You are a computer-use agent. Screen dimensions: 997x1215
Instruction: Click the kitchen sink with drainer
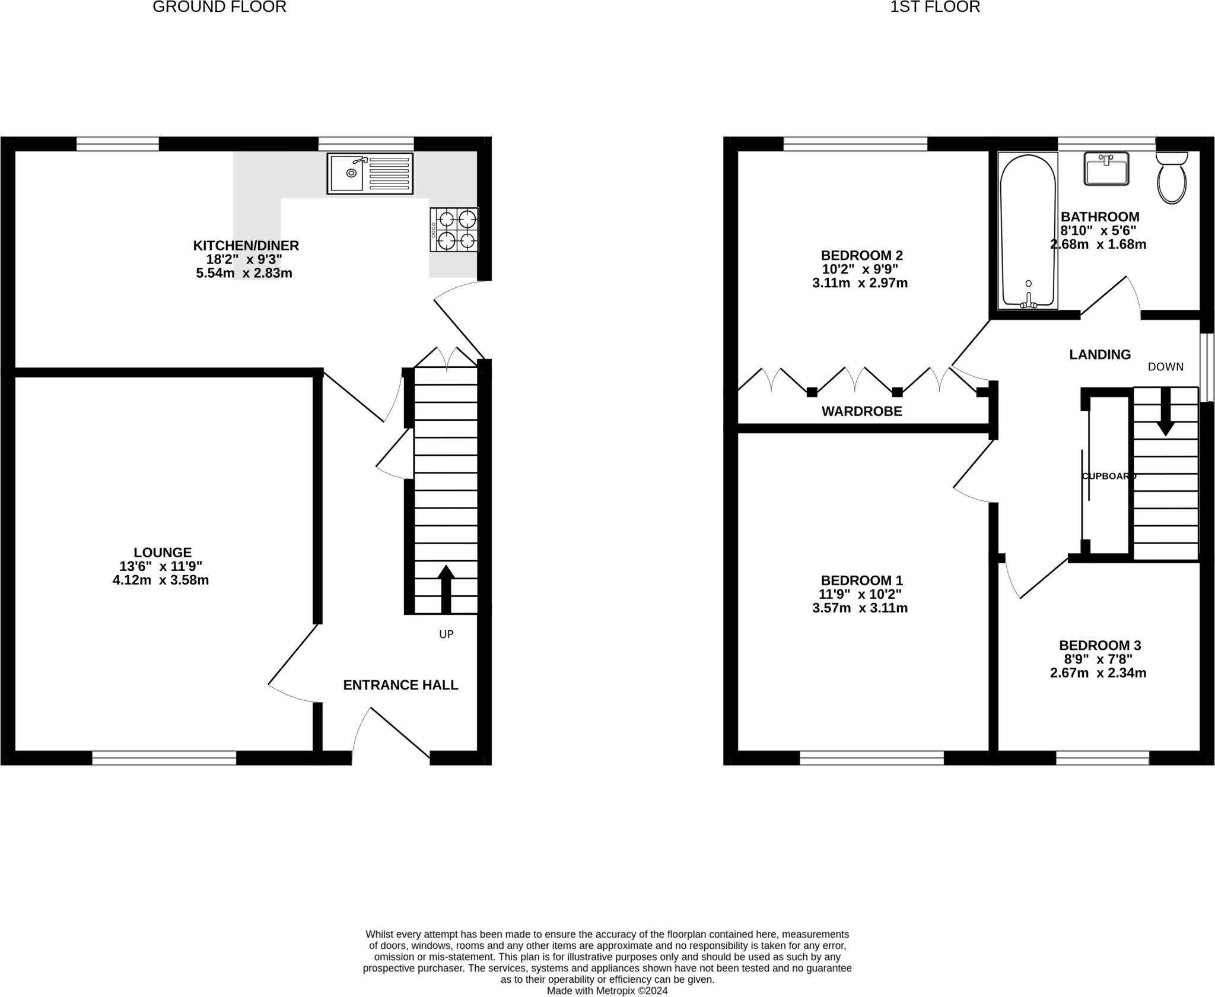[370, 173]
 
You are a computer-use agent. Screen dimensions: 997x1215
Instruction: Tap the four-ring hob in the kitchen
[454, 230]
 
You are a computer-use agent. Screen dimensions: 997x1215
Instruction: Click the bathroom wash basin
[1106, 169]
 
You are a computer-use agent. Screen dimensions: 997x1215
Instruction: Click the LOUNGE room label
[162, 552]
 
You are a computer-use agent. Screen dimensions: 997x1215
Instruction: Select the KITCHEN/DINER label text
[246, 245]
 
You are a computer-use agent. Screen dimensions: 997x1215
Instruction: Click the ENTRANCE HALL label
[400, 685]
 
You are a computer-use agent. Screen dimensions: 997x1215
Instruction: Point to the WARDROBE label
[861, 411]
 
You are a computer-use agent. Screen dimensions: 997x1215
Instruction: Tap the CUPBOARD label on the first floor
[1109, 476]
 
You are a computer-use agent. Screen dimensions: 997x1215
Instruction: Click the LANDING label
[1100, 354]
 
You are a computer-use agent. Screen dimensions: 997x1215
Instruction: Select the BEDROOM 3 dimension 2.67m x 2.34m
[1098, 673]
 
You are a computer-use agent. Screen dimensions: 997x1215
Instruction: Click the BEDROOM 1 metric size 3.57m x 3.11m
[860, 608]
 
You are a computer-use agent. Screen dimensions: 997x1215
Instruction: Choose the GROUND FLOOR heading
[220, 7]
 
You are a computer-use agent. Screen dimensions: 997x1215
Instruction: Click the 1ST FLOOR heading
[935, 7]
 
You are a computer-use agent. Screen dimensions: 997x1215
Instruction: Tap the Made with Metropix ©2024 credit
[607, 990]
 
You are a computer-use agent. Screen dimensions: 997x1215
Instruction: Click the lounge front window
[164, 758]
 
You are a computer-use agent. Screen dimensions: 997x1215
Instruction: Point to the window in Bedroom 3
[1102, 758]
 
